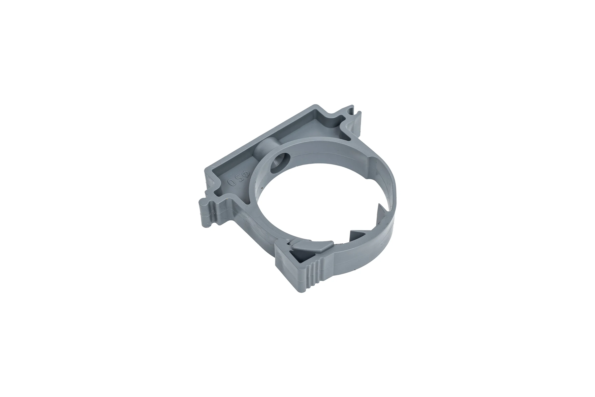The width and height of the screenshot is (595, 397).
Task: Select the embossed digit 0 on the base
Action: [x=231, y=183]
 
